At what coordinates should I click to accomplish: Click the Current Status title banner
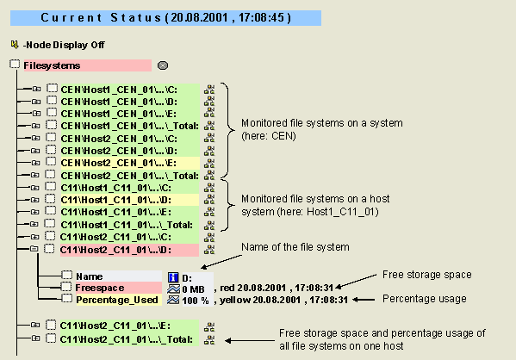(x=165, y=18)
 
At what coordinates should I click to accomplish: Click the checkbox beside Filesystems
(x=15, y=65)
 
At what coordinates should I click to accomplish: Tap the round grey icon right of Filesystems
(x=163, y=65)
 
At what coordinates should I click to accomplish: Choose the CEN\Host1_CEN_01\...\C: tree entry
(x=119, y=90)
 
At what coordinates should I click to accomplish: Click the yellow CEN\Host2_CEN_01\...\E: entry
(x=119, y=163)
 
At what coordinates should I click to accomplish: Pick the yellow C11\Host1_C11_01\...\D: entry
(x=115, y=200)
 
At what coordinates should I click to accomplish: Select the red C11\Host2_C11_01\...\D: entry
(x=115, y=250)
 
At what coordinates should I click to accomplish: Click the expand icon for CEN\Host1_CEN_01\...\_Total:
(x=35, y=126)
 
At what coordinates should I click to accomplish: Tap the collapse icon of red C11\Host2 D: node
(x=34, y=249)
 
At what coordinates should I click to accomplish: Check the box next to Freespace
(x=66, y=287)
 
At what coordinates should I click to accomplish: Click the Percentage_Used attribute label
(x=117, y=300)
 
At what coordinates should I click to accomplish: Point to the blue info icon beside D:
(x=173, y=277)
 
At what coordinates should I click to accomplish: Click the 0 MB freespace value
(x=193, y=289)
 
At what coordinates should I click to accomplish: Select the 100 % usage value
(x=196, y=301)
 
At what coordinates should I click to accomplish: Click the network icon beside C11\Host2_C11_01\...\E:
(x=209, y=327)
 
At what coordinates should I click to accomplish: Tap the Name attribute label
(x=90, y=276)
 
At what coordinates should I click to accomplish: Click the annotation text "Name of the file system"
(x=295, y=247)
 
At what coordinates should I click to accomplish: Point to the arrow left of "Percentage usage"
(x=364, y=300)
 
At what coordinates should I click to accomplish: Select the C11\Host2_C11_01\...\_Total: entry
(x=127, y=339)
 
